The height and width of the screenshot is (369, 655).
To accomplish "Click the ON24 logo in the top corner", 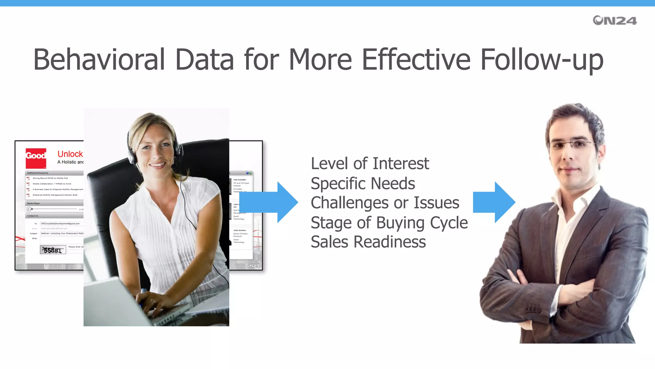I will (614, 20).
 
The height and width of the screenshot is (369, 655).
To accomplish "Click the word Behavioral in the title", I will (99, 60).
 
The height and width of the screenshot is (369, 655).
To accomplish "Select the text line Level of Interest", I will (370, 164).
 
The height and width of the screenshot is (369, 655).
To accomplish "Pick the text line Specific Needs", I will (363, 184).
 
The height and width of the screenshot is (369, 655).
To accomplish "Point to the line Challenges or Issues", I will (385, 203).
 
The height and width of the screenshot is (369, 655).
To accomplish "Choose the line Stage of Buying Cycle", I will (389, 223).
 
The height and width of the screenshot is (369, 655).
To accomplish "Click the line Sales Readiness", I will (368, 242).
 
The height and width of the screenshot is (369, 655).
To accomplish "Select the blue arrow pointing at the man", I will (494, 202).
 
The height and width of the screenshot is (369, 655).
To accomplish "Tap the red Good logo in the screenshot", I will (36, 158).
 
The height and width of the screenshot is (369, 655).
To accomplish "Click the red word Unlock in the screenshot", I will (70, 154).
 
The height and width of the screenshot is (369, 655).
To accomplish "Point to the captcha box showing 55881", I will (53, 250).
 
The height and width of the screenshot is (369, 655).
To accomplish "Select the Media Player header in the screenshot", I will (34, 203).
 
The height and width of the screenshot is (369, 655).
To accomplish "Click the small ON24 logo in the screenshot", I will (253, 266).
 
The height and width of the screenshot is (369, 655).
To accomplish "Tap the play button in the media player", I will (29, 209).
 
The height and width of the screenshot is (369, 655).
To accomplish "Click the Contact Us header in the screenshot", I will (33, 216).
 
